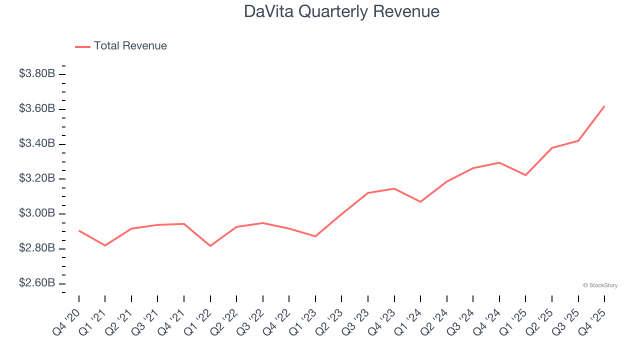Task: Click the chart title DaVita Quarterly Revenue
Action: (341, 11)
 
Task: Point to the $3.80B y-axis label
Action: (37, 73)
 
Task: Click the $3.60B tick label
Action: (37, 108)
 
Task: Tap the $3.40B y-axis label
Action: (37, 143)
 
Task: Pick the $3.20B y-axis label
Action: (37, 178)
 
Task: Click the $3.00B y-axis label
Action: (37, 213)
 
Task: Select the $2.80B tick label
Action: (37, 248)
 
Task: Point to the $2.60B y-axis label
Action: (37, 283)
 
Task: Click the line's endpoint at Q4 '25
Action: (604, 106)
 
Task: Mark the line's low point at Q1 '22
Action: (210, 246)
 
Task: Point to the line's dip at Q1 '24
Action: (420, 202)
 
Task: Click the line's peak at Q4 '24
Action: (499, 162)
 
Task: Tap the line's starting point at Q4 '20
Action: (79, 230)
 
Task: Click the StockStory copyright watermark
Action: (600, 285)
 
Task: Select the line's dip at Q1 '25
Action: (525, 175)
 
